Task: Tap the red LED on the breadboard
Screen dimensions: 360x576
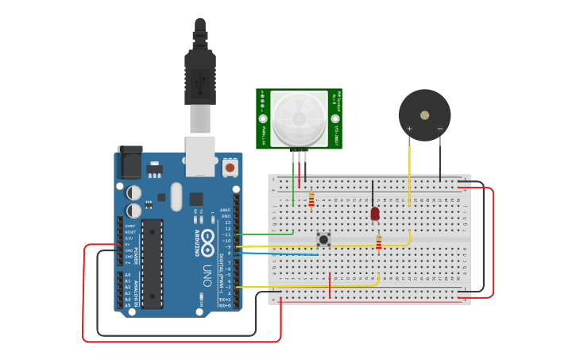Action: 375,213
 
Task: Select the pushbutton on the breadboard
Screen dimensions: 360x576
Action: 323,238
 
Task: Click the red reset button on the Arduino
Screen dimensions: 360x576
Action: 230,168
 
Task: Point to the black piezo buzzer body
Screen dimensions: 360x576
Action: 424,115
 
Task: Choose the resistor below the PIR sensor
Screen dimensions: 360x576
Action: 311,199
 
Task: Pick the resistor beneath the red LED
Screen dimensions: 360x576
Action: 379,243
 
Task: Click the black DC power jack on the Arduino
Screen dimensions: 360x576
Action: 130,162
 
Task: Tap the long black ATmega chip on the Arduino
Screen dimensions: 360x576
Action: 153,263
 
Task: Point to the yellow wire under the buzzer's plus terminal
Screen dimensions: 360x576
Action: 409,171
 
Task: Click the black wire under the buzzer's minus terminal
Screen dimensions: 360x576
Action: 440,159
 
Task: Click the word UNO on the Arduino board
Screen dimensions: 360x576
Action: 207,275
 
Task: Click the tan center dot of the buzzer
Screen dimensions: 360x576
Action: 425,115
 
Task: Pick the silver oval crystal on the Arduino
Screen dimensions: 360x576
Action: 176,196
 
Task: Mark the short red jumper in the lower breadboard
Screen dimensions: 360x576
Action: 330,285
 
